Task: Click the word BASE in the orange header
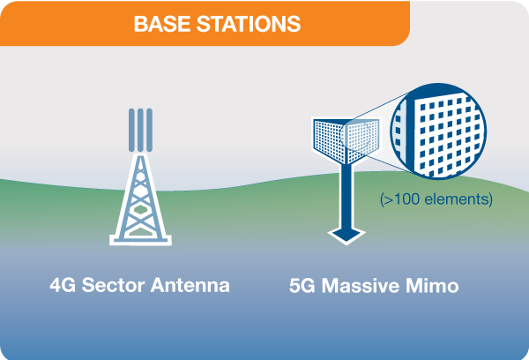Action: coord(162,24)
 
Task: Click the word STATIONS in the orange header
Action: coord(249,24)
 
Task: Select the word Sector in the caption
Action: coord(113,285)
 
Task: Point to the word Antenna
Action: coord(190,285)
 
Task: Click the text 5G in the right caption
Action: coord(302,286)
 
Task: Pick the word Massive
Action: coord(361,286)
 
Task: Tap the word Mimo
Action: coord(432,286)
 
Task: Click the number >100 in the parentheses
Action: coord(401,199)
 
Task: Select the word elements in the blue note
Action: coord(456,199)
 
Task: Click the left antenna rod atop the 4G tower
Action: coord(131,130)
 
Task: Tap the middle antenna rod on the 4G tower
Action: coord(140,130)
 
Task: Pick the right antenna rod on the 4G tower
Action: coord(150,130)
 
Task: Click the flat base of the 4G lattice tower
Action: coord(140,240)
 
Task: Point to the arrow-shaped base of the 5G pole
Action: coord(346,236)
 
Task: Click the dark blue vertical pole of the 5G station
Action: coord(346,196)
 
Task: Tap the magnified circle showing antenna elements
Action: coord(438,131)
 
